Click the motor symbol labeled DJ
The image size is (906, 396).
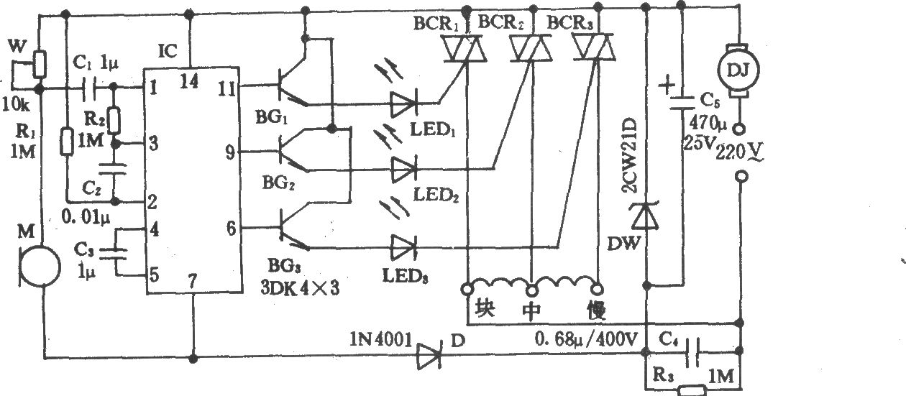point(738,70)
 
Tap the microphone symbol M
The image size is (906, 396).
point(40,267)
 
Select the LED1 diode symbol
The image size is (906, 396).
point(403,103)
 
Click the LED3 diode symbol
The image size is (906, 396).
point(403,248)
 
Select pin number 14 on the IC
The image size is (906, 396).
point(189,81)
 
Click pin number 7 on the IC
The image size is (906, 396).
point(193,281)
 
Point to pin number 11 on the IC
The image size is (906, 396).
point(226,88)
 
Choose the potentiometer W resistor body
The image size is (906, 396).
point(40,64)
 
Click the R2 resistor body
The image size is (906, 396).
point(114,121)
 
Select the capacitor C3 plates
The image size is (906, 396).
point(114,254)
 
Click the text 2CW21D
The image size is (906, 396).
point(630,155)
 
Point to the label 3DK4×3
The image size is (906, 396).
point(300,288)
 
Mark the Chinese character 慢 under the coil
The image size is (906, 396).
point(596,311)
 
